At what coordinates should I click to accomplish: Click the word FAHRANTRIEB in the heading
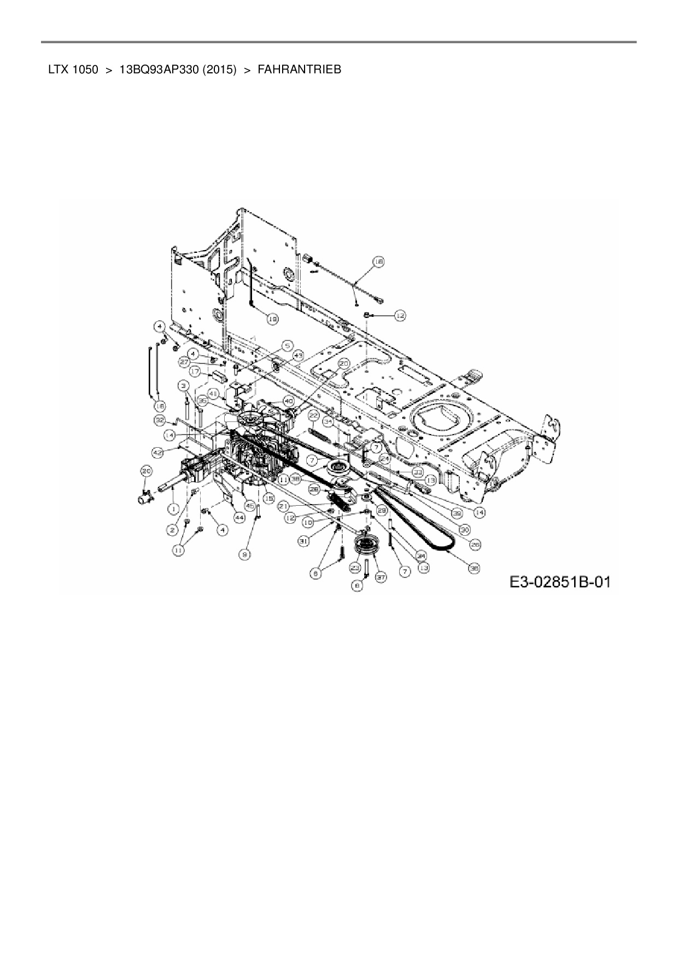(x=299, y=70)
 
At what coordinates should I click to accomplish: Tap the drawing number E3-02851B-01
(x=559, y=582)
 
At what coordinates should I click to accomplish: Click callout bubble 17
(x=195, y=371)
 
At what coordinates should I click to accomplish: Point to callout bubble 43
(x=297, y=356)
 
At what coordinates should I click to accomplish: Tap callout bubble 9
(x=246, y=554)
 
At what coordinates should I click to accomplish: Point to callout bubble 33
(x=418, y=471)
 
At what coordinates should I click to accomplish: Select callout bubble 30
(x=465, y=529)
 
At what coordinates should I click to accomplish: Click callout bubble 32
(x=160, y=420)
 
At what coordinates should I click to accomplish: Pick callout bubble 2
(x=173, y=529)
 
